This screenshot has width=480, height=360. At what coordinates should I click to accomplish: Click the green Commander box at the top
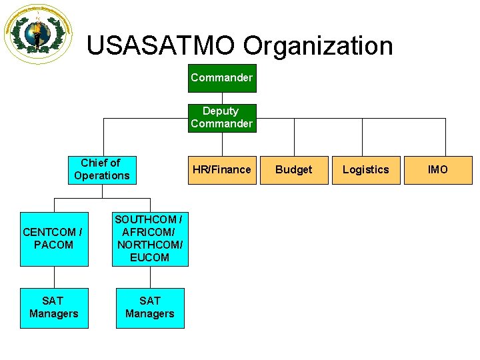[221, 78]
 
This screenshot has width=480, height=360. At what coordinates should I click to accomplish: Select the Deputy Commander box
[221, 117]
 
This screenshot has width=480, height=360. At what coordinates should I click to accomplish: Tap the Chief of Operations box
[102, 169]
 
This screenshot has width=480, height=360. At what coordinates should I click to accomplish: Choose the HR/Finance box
[221, 169]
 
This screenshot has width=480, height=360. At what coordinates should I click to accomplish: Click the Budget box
[293, 169]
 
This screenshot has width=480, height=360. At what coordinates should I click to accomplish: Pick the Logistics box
[365, 169]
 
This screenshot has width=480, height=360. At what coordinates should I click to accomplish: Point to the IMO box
[437, 169]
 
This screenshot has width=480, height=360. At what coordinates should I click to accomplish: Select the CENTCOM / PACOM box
[53, 239]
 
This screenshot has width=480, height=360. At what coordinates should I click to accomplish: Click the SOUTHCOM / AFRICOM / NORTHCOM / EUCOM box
[149, 238]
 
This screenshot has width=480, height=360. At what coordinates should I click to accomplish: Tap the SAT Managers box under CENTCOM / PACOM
[53, 307]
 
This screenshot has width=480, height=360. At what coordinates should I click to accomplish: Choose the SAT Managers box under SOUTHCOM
[149, 307]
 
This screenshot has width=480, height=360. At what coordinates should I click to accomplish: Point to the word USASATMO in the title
[161, 46]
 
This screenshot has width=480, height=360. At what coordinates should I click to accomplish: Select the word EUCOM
[149, 257]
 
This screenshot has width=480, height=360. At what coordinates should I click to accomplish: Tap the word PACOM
[53, 245]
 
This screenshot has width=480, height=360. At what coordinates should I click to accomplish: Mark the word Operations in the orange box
[102, 176]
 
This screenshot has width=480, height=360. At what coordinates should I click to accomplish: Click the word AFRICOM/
[149, 232]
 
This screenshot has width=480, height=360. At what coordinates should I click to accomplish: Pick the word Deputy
[221, 111]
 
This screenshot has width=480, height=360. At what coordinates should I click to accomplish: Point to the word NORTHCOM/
[149, 245]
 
